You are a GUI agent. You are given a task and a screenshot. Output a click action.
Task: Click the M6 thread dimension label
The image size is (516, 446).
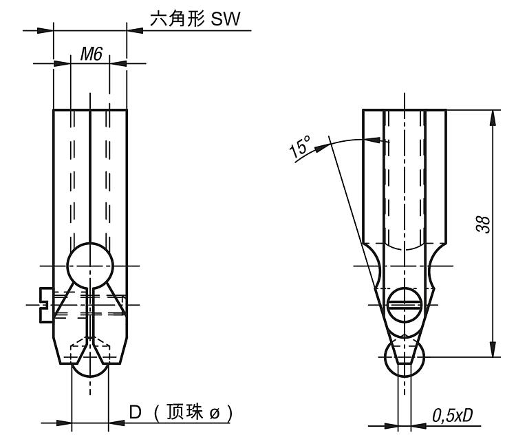point(91,54)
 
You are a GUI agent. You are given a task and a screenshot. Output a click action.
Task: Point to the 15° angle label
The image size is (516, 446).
point(301,147)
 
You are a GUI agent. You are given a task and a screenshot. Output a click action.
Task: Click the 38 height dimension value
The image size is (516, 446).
point(484,225)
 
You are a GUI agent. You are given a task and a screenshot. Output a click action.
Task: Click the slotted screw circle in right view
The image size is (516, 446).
point(404,304)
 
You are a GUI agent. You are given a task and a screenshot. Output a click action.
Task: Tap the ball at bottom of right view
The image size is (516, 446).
point(405,359)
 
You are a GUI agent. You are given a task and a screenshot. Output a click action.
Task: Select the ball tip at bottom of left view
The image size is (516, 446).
point(90,368)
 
